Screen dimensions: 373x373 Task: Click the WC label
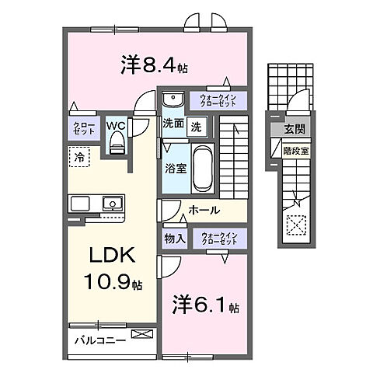tap(117, 124)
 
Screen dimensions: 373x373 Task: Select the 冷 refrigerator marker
tap(80, 157)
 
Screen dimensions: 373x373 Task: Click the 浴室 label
tap(174, 168)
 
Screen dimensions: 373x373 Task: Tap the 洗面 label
tap(173, 124)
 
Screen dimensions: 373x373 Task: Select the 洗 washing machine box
tap(197, 124)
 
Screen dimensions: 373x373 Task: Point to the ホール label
tap(204, 211)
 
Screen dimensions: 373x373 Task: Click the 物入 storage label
tap(174, 239)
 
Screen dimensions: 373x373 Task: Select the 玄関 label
tap(294, 130)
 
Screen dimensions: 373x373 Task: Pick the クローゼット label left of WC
tap(85, 129)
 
